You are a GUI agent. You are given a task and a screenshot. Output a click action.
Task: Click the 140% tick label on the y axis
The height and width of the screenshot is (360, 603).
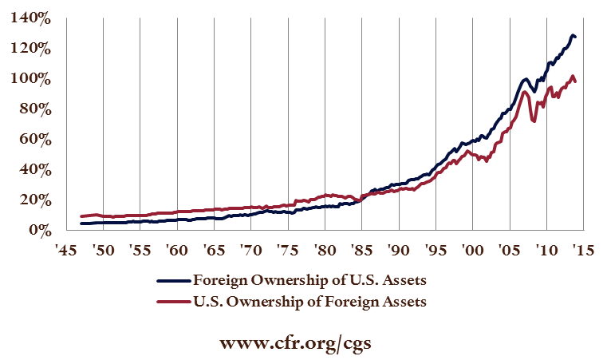[30, 18]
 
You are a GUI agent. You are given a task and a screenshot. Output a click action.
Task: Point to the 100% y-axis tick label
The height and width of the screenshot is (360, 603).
[30, 79]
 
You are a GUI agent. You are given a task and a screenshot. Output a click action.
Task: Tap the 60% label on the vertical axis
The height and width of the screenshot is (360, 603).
[33, 140]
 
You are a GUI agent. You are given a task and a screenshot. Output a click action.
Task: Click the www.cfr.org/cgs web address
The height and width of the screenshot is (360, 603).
[301, 342]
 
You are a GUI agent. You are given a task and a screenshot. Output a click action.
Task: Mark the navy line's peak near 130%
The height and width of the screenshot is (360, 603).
[573, 35]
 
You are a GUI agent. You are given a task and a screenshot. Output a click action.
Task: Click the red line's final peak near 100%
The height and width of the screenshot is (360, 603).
[572, 77]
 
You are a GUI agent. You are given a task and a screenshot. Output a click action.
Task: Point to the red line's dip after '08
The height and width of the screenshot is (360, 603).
[533, 121]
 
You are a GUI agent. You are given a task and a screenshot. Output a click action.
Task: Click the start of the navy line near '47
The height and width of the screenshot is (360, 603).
[81, 224]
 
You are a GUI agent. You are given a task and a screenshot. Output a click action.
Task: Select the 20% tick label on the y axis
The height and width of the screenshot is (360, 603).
[33, 200]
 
